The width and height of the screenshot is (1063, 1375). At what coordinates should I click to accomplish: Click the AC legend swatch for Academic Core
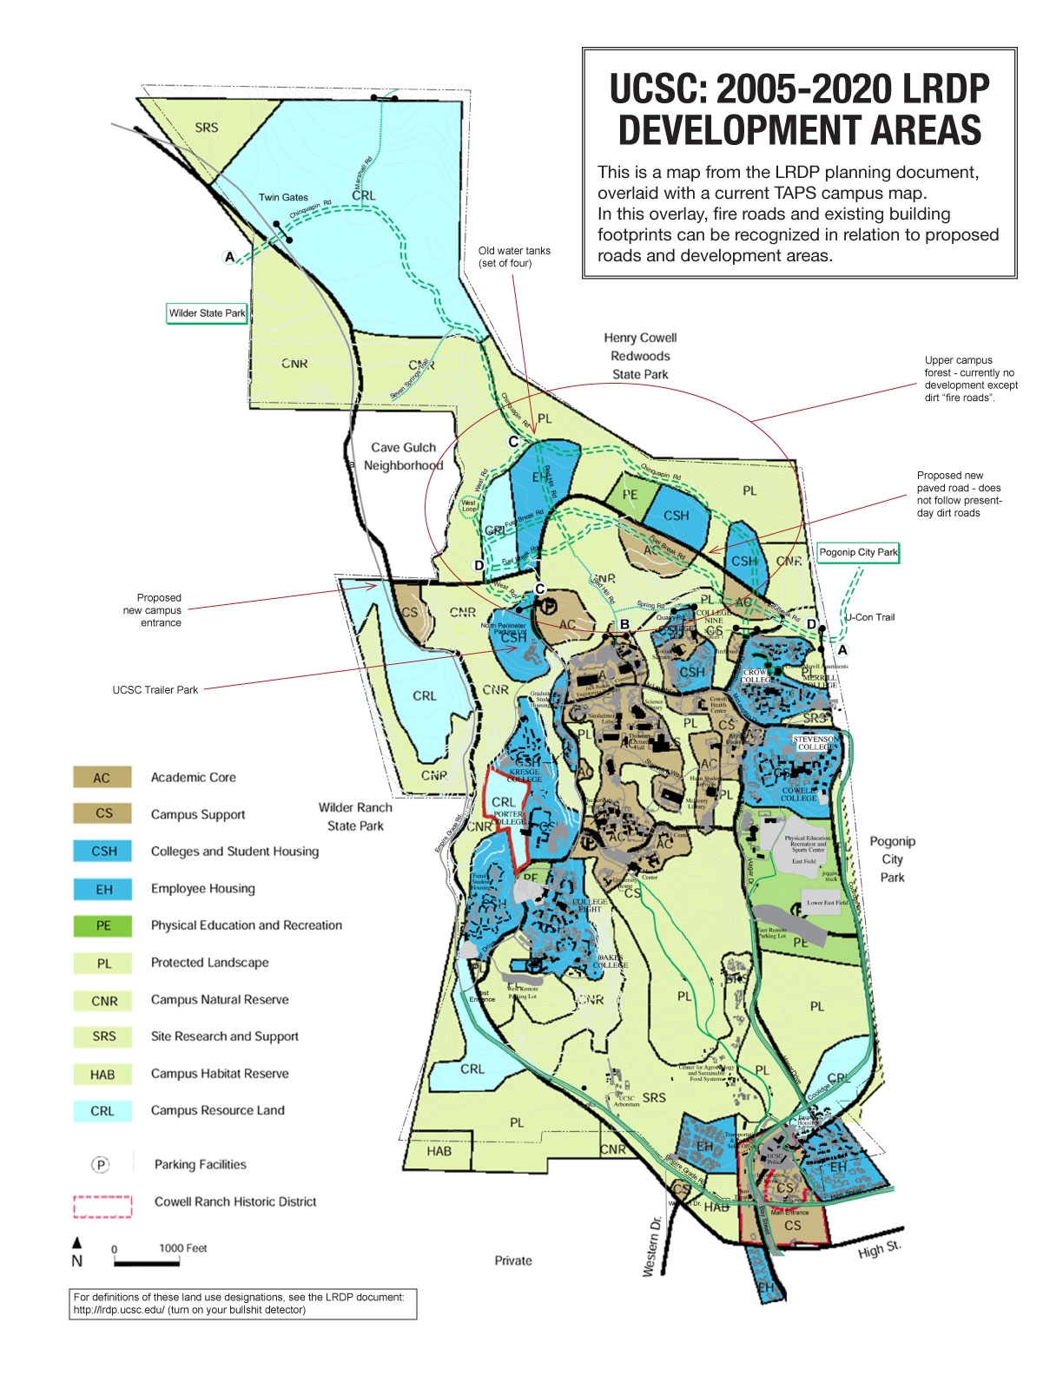pos(102,777)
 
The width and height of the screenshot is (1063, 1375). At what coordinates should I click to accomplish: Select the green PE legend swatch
pos(102,925)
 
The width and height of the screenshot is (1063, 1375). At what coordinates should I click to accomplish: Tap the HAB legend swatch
pos(102,1074)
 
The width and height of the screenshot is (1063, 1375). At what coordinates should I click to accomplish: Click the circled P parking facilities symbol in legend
pos(101,1165)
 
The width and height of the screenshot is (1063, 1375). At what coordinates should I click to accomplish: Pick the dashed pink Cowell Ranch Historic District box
pos(102,1206)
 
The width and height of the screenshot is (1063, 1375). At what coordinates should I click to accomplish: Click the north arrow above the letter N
pos(76,1242)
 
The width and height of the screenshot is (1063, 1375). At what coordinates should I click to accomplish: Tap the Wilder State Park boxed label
pos(207,313)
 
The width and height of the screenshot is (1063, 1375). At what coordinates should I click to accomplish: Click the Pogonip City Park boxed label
pos(858,552)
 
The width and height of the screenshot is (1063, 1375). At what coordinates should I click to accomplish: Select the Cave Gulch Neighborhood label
pos(403,457)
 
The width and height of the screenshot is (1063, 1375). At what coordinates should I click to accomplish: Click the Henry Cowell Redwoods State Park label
pos(640,356)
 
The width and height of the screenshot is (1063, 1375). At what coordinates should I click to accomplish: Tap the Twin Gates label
pos(283,197)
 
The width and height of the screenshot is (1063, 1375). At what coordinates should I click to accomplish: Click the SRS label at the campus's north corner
pos(207,128)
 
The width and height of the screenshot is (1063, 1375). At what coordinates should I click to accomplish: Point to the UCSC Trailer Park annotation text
pos(155,690)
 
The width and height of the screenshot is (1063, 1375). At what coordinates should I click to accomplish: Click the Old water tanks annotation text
pos(514,257)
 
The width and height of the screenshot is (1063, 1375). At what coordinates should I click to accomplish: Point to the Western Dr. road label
pos(652,1246)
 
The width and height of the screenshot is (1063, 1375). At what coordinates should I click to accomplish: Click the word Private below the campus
pos(513,1260)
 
